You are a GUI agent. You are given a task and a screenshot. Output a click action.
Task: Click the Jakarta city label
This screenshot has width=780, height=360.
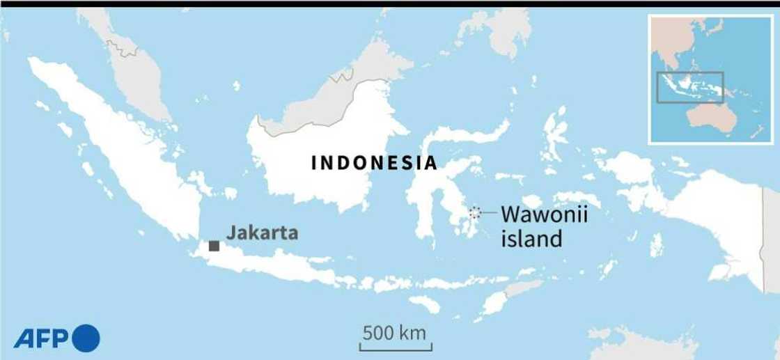tap(262, 233)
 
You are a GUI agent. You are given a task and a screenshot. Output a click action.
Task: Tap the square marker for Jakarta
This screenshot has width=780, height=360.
tap(214, 246)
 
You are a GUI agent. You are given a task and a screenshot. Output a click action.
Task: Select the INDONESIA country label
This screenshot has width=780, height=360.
tap(374, 164)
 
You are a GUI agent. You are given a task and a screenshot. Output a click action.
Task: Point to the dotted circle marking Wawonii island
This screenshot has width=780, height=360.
tap(475, 212)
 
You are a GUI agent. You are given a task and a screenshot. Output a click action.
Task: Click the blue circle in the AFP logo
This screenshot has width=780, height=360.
tap(86, 338)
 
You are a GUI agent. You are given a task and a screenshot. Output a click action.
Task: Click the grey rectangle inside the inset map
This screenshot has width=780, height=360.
tap(692, 87)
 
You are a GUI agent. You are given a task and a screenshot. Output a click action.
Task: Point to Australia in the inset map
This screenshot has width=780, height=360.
tap(710, 122)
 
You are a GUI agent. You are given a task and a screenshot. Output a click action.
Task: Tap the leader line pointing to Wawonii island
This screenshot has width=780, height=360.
tap(487, 212)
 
